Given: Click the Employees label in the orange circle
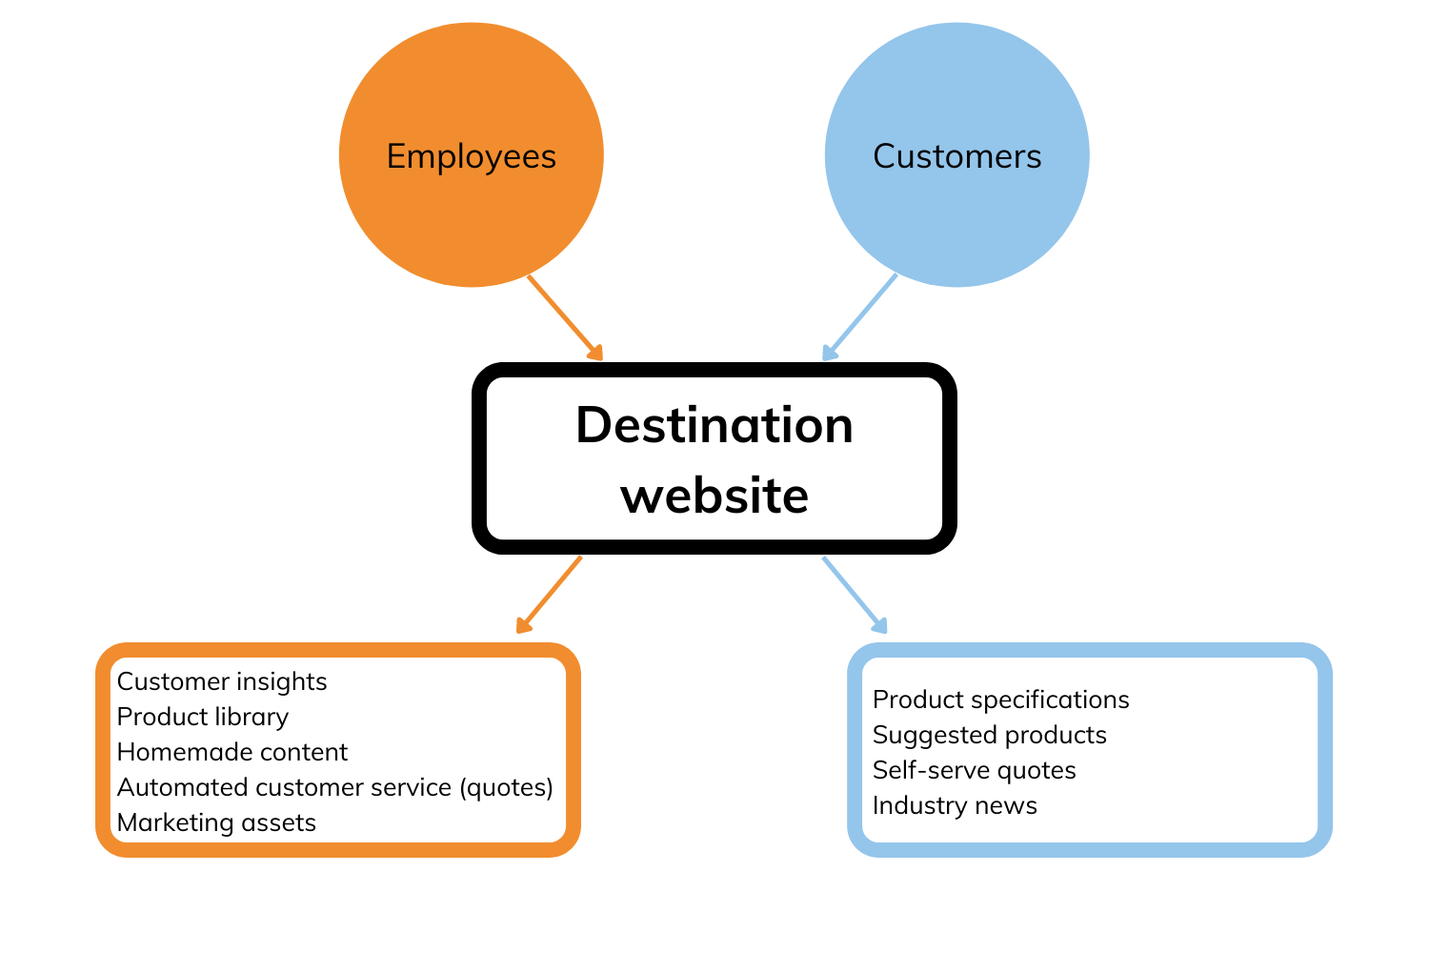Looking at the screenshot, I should [x=471, y=156].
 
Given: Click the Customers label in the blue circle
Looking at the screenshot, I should [x=956, y=156].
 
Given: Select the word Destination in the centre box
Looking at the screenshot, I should [x=714, y=425].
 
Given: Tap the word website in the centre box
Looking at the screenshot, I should [x=714, y=496].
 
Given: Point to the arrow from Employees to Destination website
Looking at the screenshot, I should [x=565, y=318].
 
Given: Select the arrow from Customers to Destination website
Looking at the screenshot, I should [x=859, y=318].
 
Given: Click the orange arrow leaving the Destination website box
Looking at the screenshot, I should [x=549, y=595].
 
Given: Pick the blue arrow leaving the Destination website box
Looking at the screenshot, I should [x=855, y=595].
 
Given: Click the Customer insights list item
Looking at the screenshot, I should [x=222, y=681].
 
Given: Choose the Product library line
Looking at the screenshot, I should [x=202, y=717].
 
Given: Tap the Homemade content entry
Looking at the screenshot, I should [x=231, y=752].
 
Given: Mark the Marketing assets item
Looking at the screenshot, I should [x=216, y=822].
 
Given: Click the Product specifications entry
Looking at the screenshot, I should [x=1000, y=700].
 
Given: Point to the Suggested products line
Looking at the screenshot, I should [x=989, y=735].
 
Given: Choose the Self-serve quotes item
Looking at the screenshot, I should [x=974, y=770].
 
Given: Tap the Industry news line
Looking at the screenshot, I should [x=955, y=805].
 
